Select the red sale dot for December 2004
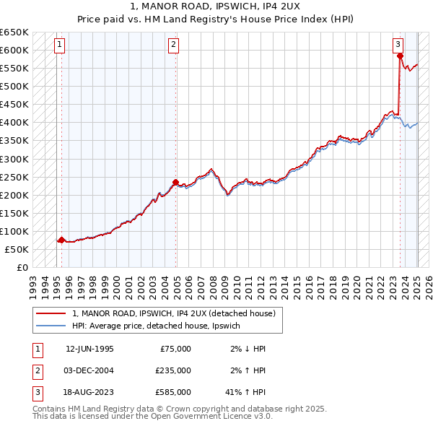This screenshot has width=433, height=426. [175, 182]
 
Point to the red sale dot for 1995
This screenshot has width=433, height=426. [61, 240]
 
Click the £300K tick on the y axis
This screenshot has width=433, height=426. [14, 159]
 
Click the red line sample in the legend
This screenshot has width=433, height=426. [51, 314]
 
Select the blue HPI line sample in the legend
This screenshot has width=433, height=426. [51, 326]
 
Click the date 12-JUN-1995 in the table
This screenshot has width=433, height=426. [89, 349]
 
